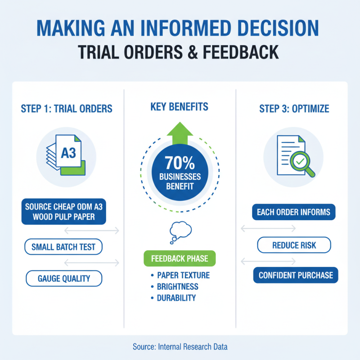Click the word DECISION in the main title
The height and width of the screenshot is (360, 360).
coord(278,28)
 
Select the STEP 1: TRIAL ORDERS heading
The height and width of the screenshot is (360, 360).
coord(67,108)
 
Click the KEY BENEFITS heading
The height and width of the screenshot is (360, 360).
coord(179,107)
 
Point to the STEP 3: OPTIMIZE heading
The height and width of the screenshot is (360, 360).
coord(294,108)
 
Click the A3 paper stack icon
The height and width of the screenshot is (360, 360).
coord(66,155)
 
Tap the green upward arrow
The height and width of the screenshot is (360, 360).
coord(180,133)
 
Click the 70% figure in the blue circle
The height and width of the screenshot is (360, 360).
coord(180,163)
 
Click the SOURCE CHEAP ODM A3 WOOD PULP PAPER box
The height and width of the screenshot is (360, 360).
coord(63,211)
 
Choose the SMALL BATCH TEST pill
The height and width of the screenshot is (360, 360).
coord(63,247)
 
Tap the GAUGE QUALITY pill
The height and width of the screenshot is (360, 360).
coord(64,279)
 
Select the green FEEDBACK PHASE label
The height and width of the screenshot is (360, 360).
coord(180,258)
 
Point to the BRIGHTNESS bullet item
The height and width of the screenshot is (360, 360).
coord(175,287)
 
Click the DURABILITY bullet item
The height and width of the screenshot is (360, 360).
coord(173,298)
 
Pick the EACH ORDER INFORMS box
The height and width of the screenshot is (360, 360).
coord(294,212)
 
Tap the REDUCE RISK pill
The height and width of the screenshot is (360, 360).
coord(294,245)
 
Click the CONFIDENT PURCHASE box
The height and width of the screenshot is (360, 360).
coord(296,275)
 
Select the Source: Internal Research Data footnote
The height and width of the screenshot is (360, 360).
coord(180,346)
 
